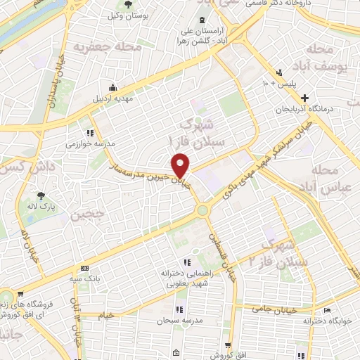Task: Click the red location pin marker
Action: click(x=181, y=165)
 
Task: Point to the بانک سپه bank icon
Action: click(x=85, y=269)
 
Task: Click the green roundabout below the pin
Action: click(x=203, y=210)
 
